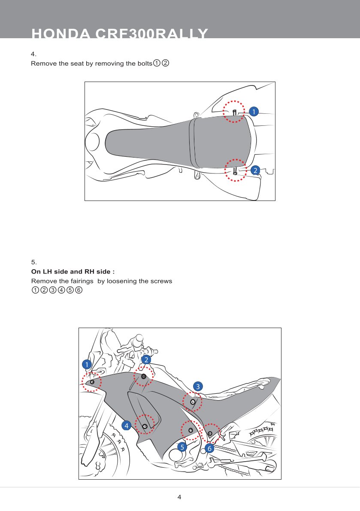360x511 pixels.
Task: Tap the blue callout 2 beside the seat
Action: point(255,170)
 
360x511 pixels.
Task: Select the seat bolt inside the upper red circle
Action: point(234,113)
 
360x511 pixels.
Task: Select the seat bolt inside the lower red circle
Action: point(235,170)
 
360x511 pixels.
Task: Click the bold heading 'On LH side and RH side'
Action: point(73,272)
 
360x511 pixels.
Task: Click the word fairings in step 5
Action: point(82,281)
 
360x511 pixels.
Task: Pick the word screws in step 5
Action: point(160,281)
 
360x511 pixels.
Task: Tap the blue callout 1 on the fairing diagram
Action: point(87,364)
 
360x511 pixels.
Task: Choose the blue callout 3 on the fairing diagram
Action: point(197,386)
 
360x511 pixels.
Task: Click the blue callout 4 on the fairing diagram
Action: point(127,426)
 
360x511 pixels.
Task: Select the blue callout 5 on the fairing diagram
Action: point(182,447)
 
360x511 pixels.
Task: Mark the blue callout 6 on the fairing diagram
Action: point(209,449)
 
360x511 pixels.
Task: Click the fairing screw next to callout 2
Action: point(144,377)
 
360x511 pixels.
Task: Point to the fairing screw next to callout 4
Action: point(145,426)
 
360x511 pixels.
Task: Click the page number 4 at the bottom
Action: point(180,497)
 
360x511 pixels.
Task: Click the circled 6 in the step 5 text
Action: point(79,290)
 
